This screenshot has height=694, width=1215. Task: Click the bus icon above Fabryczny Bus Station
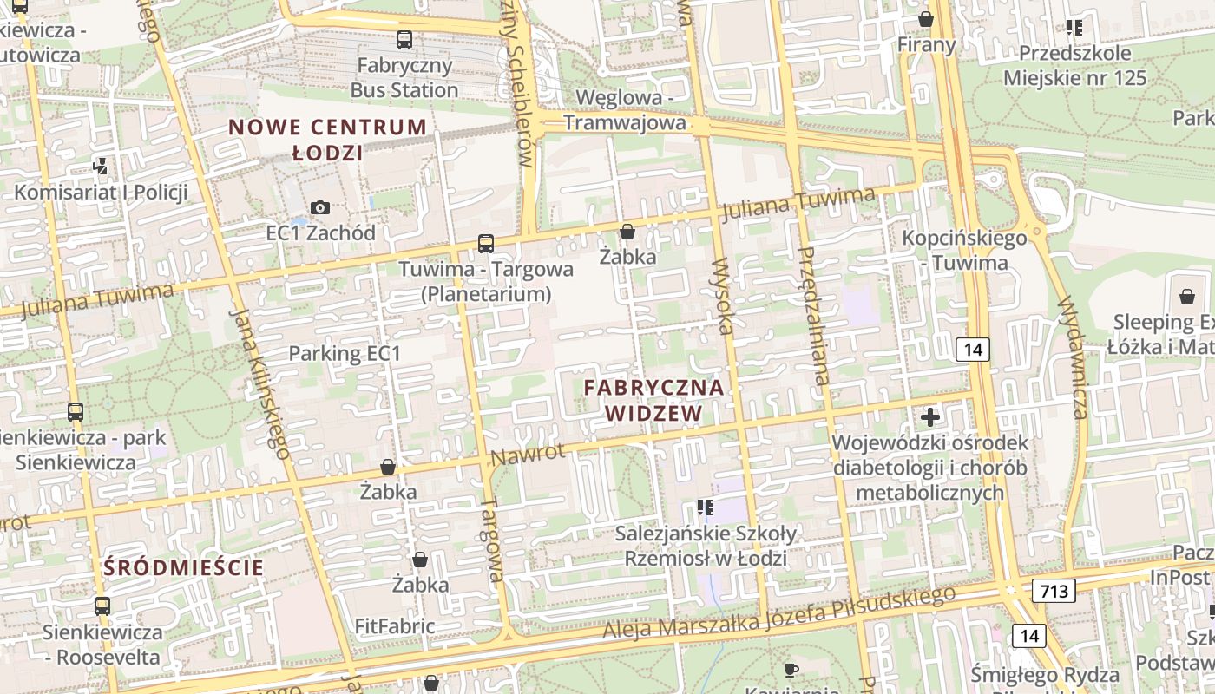(x=404, y=39)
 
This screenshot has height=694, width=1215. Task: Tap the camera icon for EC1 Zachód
(x=320, y=207)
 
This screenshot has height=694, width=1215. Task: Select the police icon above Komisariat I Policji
(x=102, y=166)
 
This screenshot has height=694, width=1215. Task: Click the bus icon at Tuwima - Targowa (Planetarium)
(x=486, y=244)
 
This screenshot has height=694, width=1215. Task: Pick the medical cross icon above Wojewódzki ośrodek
(x=930, y=417)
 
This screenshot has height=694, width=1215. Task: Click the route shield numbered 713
(x=1054, y=591)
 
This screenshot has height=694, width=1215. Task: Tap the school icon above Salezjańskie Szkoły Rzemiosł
(x=705, y=507)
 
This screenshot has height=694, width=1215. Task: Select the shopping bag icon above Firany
(x=926, y=18)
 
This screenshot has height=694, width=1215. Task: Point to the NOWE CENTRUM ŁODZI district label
(x=328, y=140)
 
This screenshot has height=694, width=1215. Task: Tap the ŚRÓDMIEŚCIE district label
(x=183, y=568)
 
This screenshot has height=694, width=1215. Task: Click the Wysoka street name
(x=723, y=296)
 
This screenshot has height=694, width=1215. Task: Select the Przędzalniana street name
(x=814, y=314)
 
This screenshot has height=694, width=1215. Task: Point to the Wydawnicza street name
(x=1074, y=358)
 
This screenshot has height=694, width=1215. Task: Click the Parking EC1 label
(x=345, y=353)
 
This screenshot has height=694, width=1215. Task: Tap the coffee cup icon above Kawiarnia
(x=791, y=669)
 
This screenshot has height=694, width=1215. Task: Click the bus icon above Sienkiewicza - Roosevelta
(x=102, y=606)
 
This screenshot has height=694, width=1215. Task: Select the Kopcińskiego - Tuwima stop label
(x=965, y=250)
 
